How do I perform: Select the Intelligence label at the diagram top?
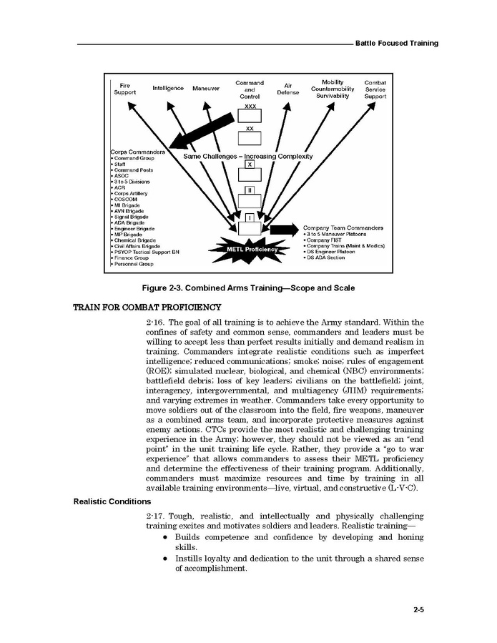[168, 88]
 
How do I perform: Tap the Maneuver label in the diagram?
[206, 88]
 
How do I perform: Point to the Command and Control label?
[250, 89]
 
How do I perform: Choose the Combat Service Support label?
[375, 89]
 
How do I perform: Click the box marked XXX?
[250, 115]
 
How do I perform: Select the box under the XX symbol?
[250, 138]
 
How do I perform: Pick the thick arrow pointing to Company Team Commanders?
[285, 229]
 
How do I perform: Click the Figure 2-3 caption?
[248, 288]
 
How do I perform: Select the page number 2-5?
[419, 610]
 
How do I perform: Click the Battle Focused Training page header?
[397, 44]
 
